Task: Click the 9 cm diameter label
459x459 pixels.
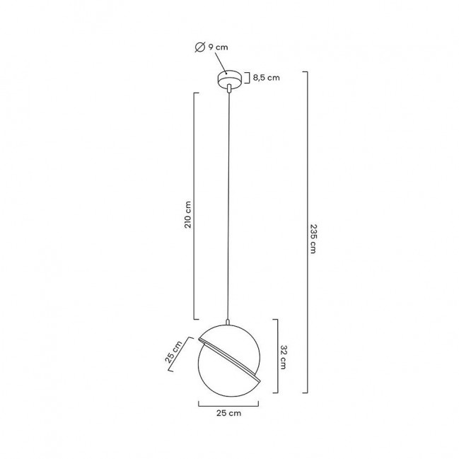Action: coord(218,47)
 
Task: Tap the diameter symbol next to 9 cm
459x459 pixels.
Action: coord(200,47)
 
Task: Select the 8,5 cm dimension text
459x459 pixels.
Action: coord(267,78)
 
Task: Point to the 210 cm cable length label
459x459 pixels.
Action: coord(187,214)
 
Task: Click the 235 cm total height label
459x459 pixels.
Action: coord(313,238)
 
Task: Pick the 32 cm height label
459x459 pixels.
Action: coord(284,357)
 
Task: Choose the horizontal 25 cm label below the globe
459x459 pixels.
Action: coord(229,413)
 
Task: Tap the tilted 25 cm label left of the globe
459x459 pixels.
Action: coord(173,352)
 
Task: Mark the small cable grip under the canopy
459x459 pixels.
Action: coord(229,88)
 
